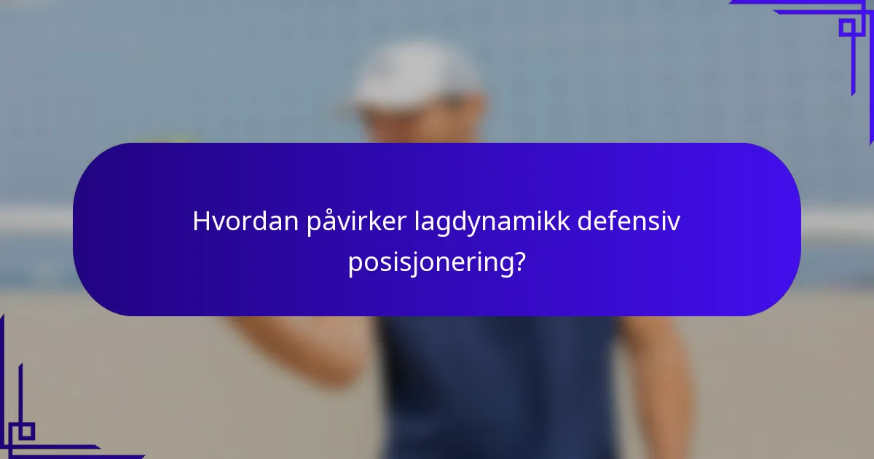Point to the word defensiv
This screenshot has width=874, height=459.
point(629,221)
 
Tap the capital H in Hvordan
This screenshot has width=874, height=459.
point(201,221)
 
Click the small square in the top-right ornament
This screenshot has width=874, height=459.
point(847,28)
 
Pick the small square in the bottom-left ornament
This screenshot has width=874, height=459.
point(26,431)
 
